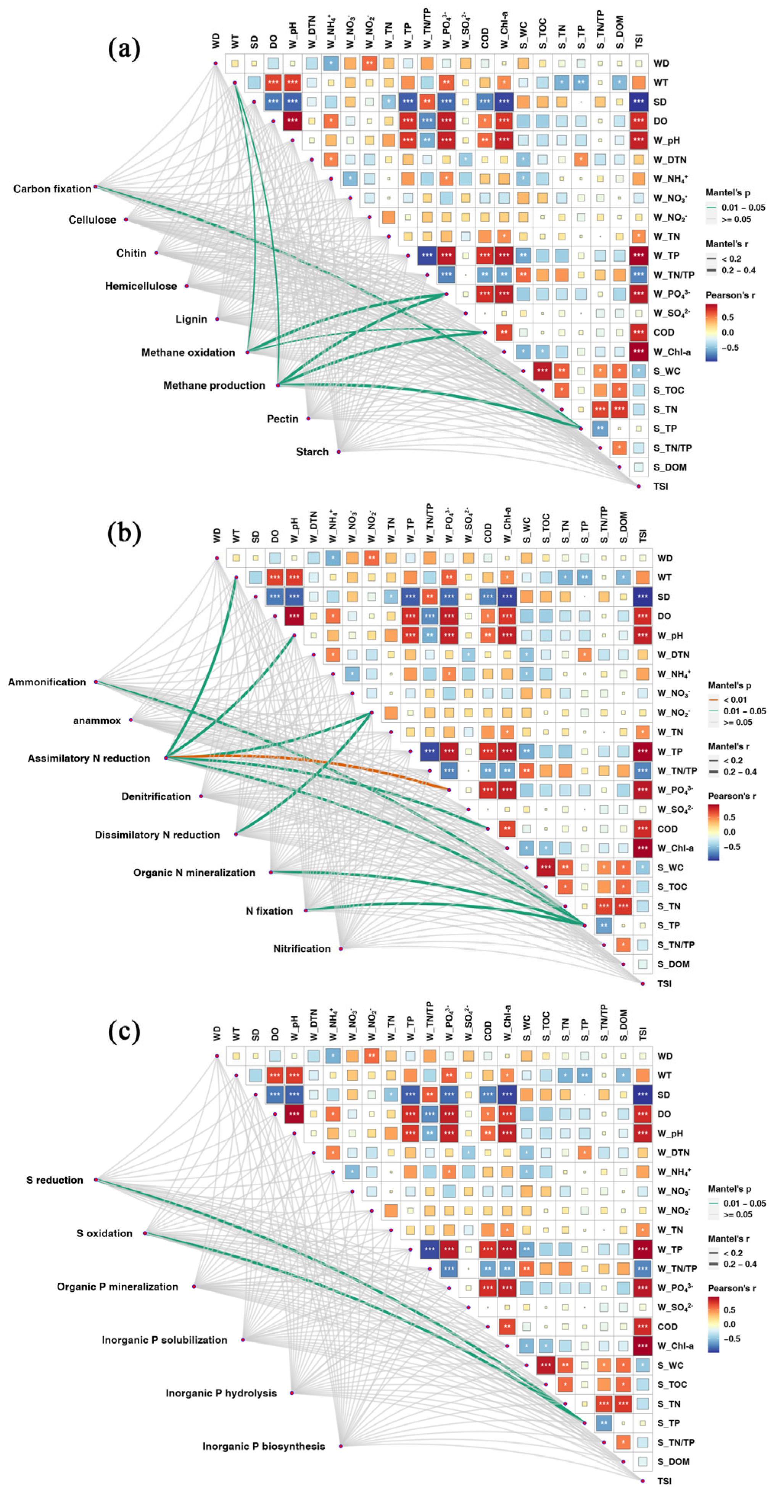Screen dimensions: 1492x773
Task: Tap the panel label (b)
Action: click(124, 533)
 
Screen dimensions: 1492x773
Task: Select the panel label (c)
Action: click(124, 1031)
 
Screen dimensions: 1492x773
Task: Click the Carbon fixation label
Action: click(52, 189)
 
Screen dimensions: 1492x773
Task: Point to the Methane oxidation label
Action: click(188, 352)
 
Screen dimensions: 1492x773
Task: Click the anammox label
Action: click(97, 720)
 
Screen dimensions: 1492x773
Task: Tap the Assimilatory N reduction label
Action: click(89, 758)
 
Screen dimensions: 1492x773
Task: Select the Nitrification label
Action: click(302, 949)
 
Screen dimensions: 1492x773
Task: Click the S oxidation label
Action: click(104, 1233)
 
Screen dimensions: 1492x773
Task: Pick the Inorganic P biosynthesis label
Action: click(264, 1446)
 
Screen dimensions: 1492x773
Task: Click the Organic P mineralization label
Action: click(118, 1286)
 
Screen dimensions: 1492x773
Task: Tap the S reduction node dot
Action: click(96, 1180)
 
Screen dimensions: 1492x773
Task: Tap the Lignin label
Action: click(191, 319)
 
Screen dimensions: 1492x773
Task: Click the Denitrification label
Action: click(156, 796)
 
